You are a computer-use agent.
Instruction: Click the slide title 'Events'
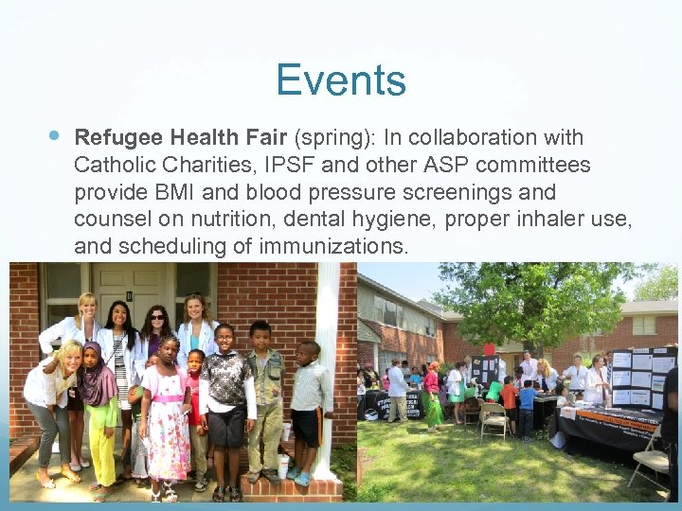341,80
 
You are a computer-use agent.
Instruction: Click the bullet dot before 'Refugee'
54,136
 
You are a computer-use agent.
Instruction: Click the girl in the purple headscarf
98,407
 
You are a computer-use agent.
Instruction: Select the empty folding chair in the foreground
493,421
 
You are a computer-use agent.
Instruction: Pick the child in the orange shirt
510,402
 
